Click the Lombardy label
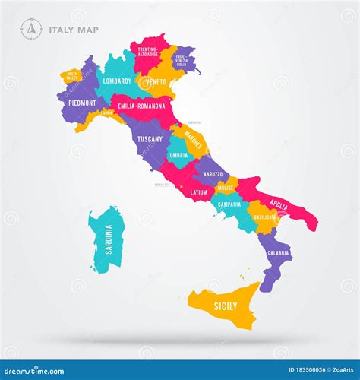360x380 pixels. pos(118,81)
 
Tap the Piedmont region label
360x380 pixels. pos(82,103)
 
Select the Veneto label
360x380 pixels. pos(156,81)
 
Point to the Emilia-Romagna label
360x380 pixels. pos(142,106)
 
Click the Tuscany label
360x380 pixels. pos(149,139)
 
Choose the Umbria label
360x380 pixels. pos(178,155)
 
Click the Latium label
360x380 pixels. pos(199,192)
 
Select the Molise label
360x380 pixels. pos(225,187)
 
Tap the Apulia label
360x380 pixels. pos(279,205)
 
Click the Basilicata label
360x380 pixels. pos(265,217)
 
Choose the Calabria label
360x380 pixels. pos(278,252)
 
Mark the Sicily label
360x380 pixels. pos(226,306)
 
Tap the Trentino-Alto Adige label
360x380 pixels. pos(148,52)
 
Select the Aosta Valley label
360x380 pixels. pos(71,77)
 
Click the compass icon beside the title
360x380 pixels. pos(31,29)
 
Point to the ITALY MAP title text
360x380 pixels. pos(74,30)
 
